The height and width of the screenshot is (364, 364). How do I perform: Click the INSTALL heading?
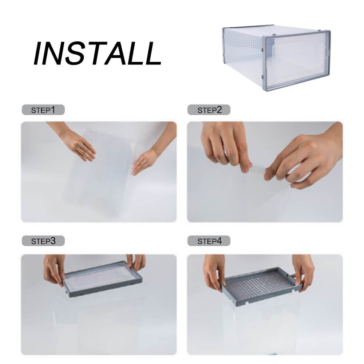point(97,54)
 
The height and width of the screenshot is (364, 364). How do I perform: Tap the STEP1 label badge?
point(43,110)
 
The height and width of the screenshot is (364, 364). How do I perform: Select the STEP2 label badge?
point(209,110)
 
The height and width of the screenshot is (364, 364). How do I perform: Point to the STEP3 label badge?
point(43,241)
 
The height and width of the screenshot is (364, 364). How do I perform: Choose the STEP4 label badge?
point(209,241)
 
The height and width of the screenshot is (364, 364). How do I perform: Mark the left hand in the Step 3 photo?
point(54,269)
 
